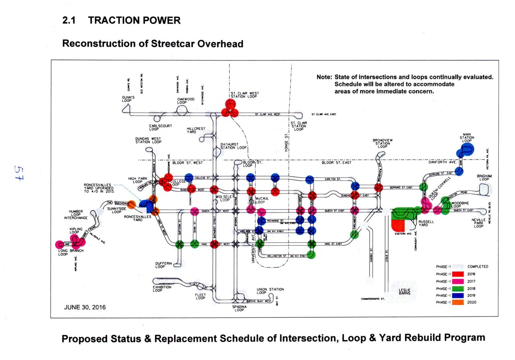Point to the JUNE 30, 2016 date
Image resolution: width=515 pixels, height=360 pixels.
click(x=85, y=307)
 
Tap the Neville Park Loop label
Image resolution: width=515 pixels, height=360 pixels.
click(x=478, y=223)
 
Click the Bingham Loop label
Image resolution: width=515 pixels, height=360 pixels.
click(x=484, y=177)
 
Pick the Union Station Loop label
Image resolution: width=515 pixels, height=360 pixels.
click(x=270, y=291)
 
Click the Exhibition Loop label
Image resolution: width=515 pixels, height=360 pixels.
click(x=162, y=288)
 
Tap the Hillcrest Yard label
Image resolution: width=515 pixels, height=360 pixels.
click(x=196, y=130)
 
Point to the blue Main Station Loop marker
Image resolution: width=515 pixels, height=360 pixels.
click(x=466, y=151)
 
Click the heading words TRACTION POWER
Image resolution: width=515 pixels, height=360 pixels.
click(x=134, y=21)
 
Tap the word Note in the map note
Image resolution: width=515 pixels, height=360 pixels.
click(x=324, y=77)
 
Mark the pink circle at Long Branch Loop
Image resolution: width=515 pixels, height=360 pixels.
click(x=60, y=244)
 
